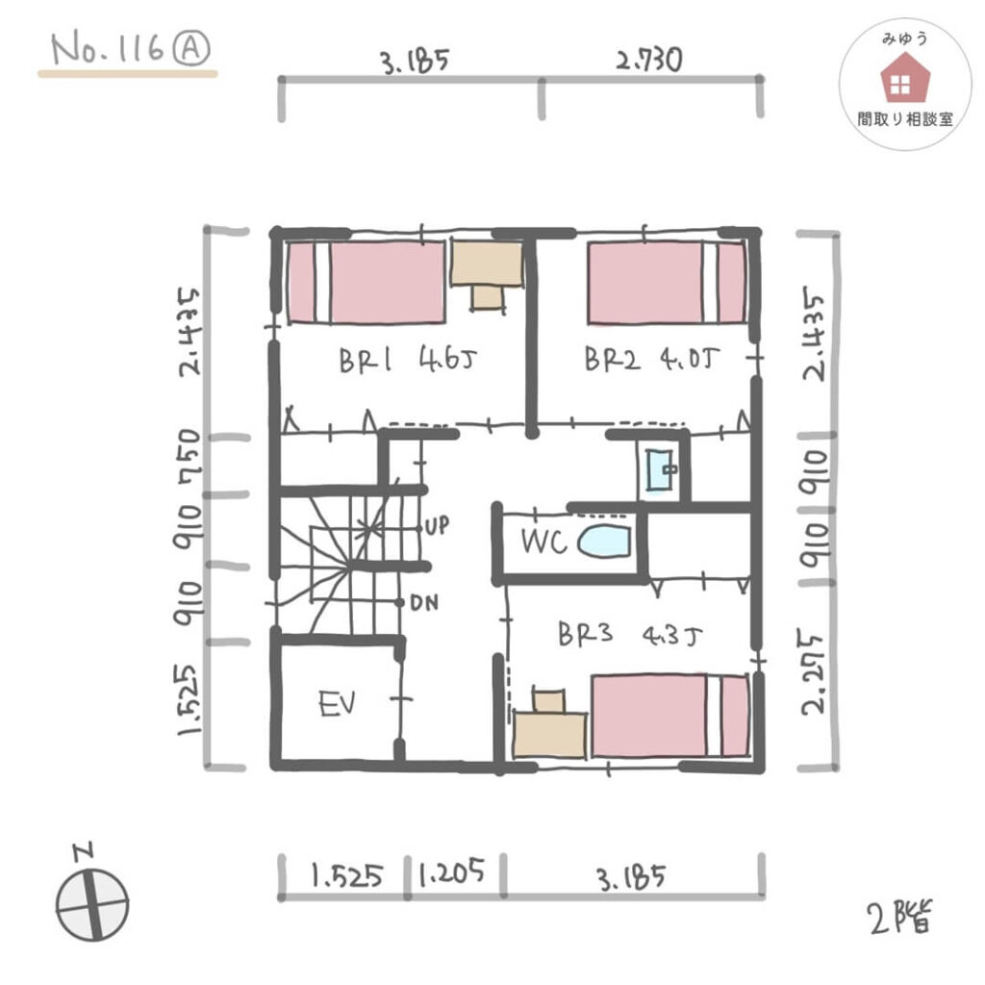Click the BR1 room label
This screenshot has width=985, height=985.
point(365,361)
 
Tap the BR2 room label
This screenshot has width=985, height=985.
point(613,360)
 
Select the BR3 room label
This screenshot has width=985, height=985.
point(585,634)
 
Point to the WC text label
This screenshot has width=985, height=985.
point(544,542)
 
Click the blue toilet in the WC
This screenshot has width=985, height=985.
point(604,542)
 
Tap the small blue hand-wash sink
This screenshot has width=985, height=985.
point(659,469)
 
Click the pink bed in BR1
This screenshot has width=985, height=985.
point(366,283)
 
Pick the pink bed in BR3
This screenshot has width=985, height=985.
point(670,716)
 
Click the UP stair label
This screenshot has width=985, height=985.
point(438,525)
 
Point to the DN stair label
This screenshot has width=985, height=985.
point(424,604)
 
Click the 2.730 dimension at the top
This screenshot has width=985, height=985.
point(649,61)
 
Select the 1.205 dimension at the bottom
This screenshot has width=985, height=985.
point(452,871)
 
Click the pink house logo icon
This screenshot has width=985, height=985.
point(904,78)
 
